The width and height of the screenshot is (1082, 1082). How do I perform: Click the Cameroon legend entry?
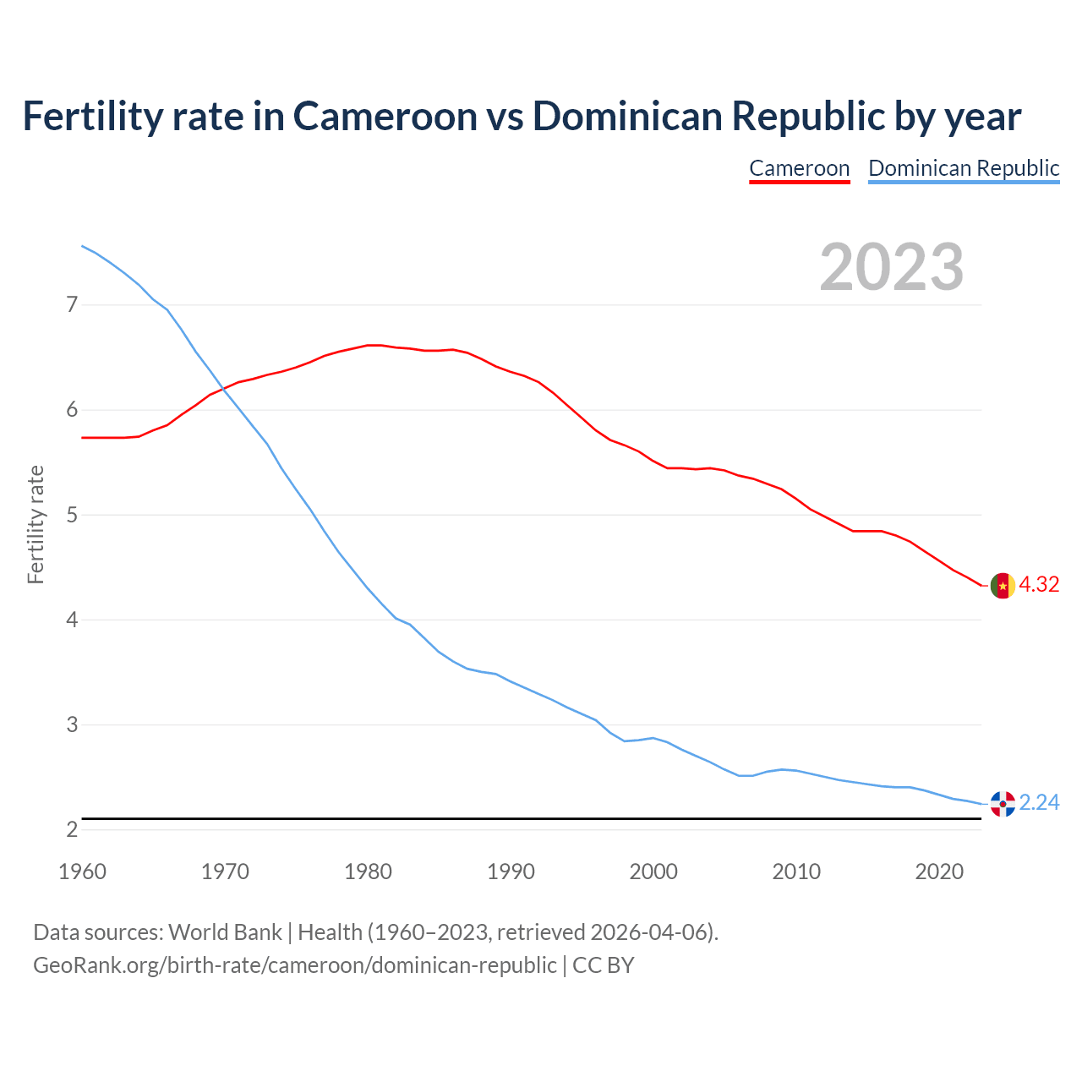tap(799, 168)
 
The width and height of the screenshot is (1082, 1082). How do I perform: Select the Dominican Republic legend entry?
tap(964, 168)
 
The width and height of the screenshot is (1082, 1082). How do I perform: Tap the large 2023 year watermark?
tap(892, 267)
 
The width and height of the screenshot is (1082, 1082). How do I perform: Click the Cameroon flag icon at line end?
tap(1003, 585)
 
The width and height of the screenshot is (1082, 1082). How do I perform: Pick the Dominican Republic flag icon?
tap(1003, 804)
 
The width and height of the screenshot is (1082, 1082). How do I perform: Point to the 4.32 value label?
tap(1039, 585)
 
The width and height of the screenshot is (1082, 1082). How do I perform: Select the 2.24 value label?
tap(1039, 803)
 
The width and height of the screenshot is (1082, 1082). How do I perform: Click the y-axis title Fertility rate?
tap(36, 524)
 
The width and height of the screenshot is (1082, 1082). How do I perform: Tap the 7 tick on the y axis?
tap(72, 304)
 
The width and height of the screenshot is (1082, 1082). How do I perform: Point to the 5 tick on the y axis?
tap(72, 515)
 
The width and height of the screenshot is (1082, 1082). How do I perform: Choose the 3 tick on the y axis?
tap(72, 725)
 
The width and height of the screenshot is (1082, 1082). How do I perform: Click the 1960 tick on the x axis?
tap(82, 872)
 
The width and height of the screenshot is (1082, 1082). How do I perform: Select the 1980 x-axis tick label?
tap(368, 872)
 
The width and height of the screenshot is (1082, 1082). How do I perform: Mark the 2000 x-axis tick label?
tap(653, 872)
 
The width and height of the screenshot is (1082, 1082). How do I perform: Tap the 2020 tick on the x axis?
tap(939, 872)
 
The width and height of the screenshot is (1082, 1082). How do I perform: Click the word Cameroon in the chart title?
tap(385, 116)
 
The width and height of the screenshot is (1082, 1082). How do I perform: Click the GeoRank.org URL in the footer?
tap(294, 965)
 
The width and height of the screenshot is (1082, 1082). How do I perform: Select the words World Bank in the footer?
tap(225, 932)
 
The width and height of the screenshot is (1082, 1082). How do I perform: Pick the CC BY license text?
tap(604, 965)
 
